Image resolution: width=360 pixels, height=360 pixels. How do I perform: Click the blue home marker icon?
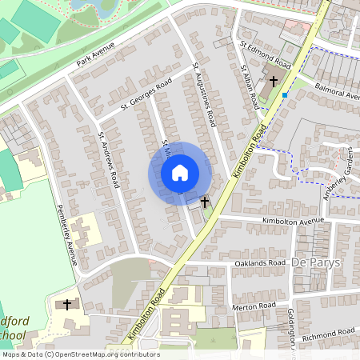click(180, 173)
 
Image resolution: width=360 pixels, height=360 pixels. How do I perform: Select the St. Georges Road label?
click(146, 94)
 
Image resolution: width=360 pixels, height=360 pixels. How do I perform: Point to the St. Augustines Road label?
click(205, 96)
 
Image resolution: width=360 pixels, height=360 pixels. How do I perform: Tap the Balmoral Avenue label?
click(337, 90)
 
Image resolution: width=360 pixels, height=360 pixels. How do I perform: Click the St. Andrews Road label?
click(108, 160)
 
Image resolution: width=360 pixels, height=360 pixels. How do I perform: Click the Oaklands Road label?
click(259, 263)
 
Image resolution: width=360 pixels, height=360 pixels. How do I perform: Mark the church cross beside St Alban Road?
click(274, 80)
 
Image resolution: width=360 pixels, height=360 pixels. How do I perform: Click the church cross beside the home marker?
click(205, 202)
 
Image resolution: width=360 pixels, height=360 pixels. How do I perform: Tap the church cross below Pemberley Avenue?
click(67, 304)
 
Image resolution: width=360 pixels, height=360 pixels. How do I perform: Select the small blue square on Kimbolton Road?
click(285, 94)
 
